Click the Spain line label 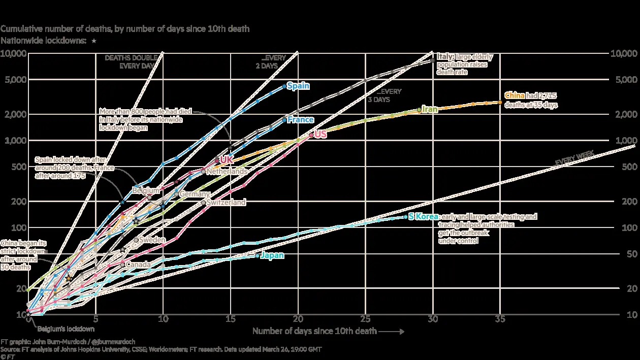coord(298,86)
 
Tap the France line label coord(300,120)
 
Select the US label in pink coord(320,135)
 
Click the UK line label coord(226,160)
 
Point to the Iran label coord(430,109)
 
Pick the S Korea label coord(423,217)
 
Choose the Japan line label coord(272,255)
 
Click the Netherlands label coord(227,172)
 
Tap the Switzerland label coord(226,203)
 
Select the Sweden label coord(152,240)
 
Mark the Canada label coord(137,265)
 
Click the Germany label coord(195,194)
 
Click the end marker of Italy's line coord(432,60)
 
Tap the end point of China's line coord(500,103)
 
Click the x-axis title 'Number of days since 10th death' coord(314,332)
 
